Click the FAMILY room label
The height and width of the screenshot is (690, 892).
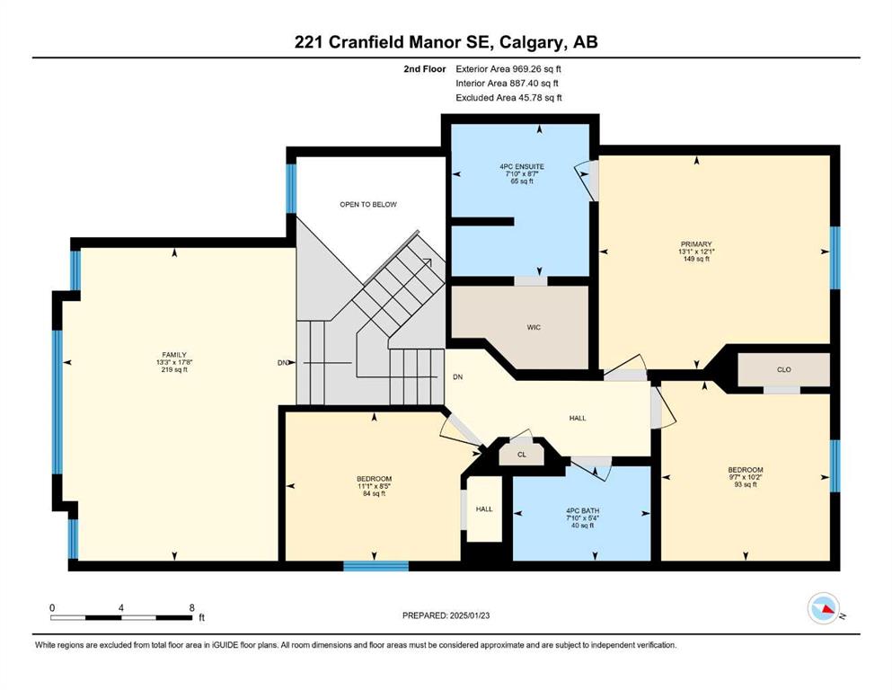click(x=174, y=354)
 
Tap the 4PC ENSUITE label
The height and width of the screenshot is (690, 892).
click(x=522, y=167)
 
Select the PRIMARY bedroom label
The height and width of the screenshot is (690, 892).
click(x=696, y=244)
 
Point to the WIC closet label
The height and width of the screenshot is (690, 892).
click(x=534, y=327)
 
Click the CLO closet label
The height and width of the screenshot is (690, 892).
click(x=784, y=369)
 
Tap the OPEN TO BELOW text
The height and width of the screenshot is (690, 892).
click(x=368, y=204)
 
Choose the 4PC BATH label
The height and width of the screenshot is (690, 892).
click(x=582, y=511)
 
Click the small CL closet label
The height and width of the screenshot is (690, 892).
click(x=522, y=455)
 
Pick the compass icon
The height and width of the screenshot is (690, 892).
click(x=824, y=608)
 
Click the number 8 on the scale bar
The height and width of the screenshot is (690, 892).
click(x=192, y=607)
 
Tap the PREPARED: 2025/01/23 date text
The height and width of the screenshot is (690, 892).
click(x=446, y=615)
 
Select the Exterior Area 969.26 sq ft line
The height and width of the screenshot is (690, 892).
click(x=508, y=69)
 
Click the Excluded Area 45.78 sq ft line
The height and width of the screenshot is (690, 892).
click(x=508, y=98)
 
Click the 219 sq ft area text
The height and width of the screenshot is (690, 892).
click(x=174, y=370)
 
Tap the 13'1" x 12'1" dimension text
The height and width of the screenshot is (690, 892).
click(x=696, y=252)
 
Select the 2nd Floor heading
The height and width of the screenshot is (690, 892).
click(x=424, y=69)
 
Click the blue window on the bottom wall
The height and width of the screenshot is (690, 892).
click(x=376, y=566)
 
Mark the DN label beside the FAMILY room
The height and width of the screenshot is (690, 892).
click(x=283, y=363)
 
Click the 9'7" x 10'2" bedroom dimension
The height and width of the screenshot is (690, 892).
click(x=746, y=477)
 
